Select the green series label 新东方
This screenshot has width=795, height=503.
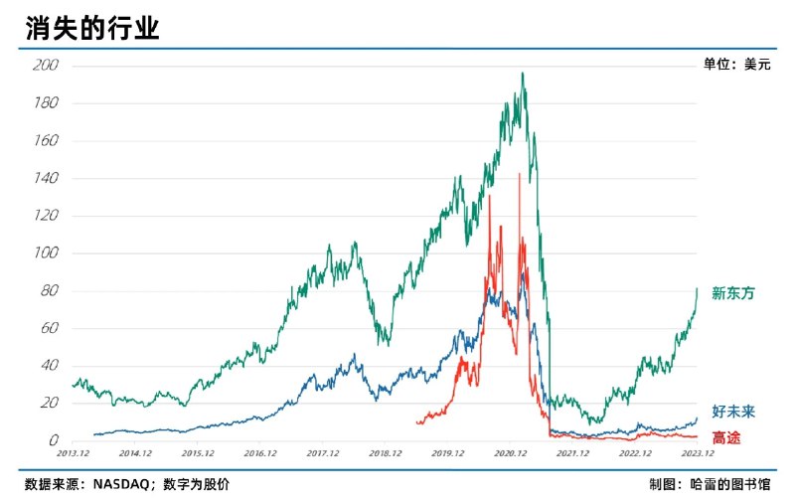(733, 293)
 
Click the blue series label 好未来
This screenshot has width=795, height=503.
(733, 411)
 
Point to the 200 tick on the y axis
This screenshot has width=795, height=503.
(46, 66)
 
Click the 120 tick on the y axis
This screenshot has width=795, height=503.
(46, 216)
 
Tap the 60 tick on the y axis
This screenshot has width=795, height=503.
(50, 328)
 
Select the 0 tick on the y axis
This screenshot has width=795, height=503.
(54, 440)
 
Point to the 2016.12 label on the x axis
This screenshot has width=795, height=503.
(259, 452)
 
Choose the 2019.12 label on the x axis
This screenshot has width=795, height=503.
(447, 452)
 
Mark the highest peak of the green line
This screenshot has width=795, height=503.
(523, 74)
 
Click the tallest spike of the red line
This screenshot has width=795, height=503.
(520, 174)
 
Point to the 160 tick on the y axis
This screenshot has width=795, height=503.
(46, 141)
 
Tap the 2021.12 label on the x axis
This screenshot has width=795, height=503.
(572, 452)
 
